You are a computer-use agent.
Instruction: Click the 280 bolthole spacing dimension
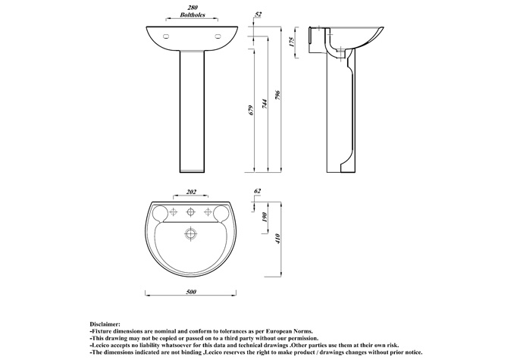pos(192,8)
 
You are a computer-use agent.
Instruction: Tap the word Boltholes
pos(193,15)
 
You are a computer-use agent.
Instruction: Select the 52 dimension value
pos(258,14)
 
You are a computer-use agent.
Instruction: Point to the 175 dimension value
pos(292,42)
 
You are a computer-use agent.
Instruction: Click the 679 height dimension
pos(251,110)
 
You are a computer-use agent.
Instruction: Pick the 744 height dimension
pos(265,104)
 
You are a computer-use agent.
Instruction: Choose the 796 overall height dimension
pos(277,95)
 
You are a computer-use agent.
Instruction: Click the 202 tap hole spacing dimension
pos(191,192)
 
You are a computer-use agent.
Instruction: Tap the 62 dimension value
pos(258,191)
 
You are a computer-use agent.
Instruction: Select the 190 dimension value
pos(265,217)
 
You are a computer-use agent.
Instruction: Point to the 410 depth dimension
pos(277,238)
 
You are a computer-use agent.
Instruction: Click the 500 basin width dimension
pos(191,292)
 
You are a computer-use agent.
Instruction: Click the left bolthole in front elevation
pos(166,36)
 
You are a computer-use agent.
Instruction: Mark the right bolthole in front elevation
pos(218,36)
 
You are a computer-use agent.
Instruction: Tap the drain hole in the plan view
pos(190,233)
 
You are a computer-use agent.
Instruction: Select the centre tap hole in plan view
pos(190,212)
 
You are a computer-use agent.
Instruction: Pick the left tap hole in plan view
pos(174,212)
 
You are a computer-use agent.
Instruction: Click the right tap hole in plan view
pos(208,212)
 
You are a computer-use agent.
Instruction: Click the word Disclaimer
pos(105,324)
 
